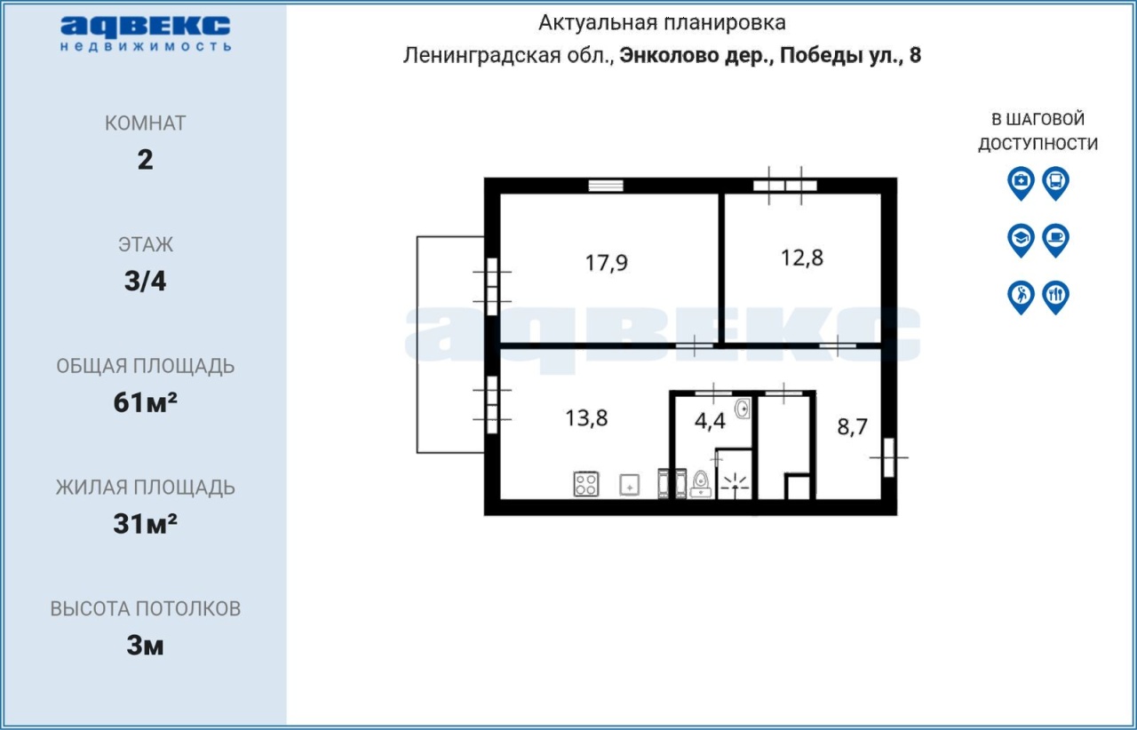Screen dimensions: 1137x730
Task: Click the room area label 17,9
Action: pos(606,263)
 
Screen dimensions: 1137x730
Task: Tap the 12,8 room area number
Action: pos(801,258)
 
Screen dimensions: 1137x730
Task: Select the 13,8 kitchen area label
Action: pos(586,418)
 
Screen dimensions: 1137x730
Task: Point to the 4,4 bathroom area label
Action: pos(710,421)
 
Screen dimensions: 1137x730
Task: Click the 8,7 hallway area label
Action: pos(852,427)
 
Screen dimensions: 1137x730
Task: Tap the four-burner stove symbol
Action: pos(585,484)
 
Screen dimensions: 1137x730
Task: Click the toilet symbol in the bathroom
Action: pos(701,484)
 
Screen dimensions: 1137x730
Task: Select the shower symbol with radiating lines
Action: pos(735,485)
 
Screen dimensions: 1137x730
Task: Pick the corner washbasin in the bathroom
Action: pos(742,409)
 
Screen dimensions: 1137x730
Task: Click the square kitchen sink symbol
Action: pos(630,485)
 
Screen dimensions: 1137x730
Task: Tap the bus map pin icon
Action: pos(1056,183)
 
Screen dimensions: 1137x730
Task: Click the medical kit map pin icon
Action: pos(1021,183)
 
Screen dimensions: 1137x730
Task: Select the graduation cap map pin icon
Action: pos(1021,241)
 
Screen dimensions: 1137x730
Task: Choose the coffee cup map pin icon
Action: pos(1056,241)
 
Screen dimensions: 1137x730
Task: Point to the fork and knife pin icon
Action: pos(1056,298)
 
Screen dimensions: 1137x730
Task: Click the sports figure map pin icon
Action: pos(1021,298)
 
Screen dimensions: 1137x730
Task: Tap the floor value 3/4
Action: pos(145,282)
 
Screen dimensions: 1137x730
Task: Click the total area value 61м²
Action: pos(145,402)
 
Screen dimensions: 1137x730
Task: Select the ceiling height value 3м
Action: pos(145,646)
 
